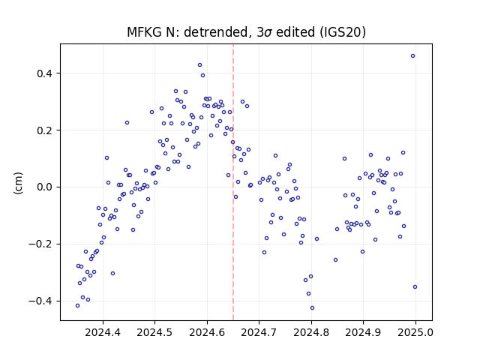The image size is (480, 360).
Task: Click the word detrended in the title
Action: [x=216, y=32]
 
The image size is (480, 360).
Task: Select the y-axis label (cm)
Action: [x=18, y=183]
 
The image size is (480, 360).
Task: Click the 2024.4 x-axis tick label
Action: [x=103, y=332]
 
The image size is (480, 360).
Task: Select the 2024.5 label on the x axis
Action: [x=155, y=332]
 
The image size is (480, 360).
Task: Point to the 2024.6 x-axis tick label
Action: [x=207, y=332]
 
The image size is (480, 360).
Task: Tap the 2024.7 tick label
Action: [x=259, y=332]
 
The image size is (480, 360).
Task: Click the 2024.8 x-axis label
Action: [x=312, y=332]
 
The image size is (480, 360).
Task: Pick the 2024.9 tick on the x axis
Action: [x=363, y=332]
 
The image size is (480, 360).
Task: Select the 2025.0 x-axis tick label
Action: [x=415, y=332]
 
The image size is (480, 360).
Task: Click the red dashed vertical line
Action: [x=233, y=182]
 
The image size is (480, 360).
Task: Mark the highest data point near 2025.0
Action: [x=413, y=56]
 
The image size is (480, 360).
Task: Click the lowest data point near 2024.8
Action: [x=312, y=308]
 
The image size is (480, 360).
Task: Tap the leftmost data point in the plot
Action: [x=77, y=305]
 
